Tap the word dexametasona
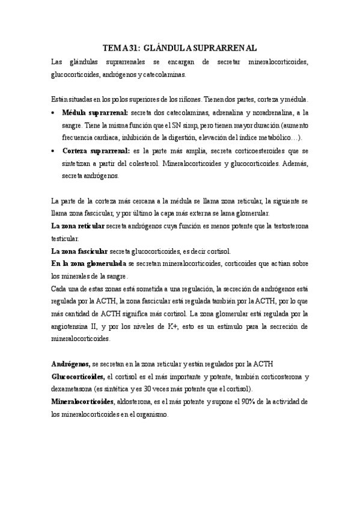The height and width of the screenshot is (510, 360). click(72, 389)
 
